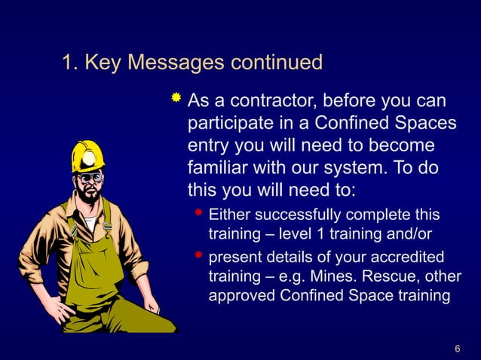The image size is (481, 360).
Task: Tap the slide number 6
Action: point(458,348)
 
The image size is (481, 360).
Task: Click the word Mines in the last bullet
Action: point(338,276)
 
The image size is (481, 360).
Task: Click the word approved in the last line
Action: point(243,296)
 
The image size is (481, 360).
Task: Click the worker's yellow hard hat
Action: point(87,154)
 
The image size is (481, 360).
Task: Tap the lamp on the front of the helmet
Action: point(89,158)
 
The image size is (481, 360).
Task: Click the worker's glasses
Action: point(90,178)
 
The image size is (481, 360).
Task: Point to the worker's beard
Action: point(90,196)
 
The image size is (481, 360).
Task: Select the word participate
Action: point(230,121)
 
